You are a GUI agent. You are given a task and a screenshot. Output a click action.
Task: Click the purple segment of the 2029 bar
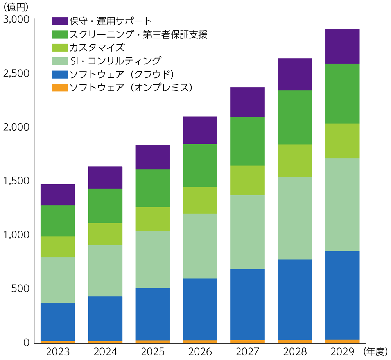coord(342,47)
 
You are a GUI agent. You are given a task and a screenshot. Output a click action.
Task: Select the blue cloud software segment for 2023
coord(58,322)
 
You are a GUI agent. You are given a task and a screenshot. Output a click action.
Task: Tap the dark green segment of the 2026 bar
coord(200,165)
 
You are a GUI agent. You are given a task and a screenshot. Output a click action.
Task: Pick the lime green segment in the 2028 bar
coord(295,161)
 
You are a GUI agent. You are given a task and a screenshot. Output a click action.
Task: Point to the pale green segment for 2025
coord(152,260)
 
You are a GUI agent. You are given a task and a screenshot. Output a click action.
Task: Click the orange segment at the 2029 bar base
coord(342,341)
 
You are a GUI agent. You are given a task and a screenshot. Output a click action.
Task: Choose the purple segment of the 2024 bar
coord(105,177)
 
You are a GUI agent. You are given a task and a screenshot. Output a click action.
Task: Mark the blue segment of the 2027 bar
coord(248,304)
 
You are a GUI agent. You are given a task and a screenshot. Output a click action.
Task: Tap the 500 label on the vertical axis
coord(22,289)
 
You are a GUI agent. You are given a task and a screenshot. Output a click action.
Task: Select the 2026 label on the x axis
coord(200,351)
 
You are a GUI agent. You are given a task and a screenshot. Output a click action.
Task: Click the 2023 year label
coord(58,351)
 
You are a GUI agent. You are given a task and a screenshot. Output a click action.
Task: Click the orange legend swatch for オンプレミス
coord(59,88)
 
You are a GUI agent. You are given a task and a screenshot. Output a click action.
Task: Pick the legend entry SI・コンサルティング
coord(115,61)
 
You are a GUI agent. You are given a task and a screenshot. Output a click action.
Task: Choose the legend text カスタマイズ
coord(97,48)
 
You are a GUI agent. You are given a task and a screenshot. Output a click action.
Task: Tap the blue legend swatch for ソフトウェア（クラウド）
coord(59,74)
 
